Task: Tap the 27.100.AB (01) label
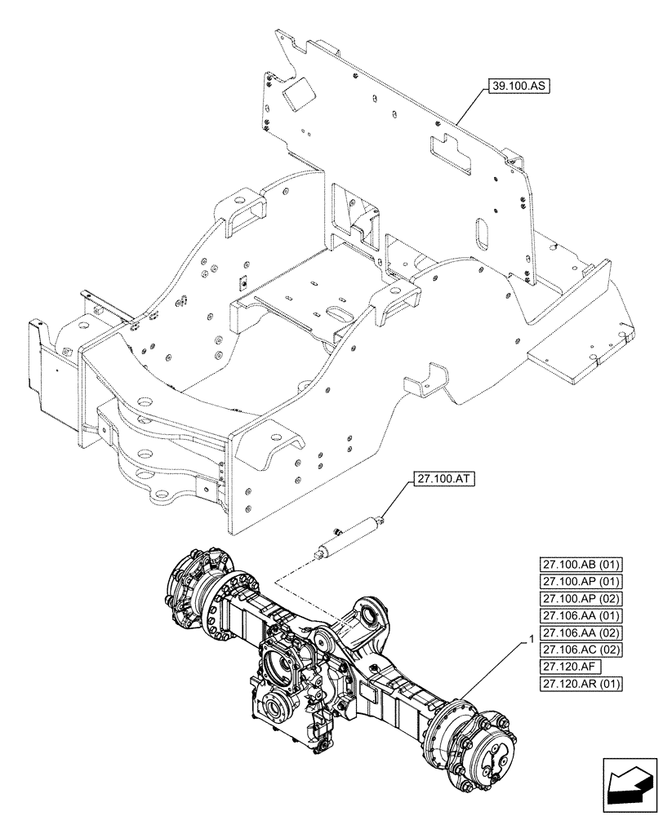point(581,564)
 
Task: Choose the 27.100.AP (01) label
point(581,581)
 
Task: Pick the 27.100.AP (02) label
point(581,598)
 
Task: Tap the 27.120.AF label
point(564,667)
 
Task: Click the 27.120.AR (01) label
point(581,684)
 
